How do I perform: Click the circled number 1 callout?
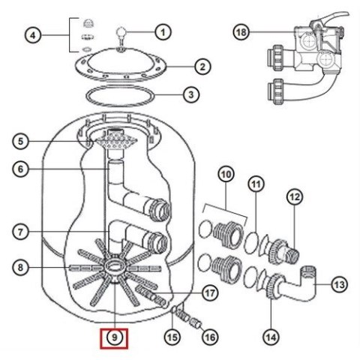coord(163,32)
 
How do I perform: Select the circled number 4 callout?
coord(33,35)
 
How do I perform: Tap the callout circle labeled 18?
coord(241,32)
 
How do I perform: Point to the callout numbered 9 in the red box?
coord(115,337)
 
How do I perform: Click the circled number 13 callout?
coord(339,284)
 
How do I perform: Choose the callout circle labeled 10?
coord(226,174)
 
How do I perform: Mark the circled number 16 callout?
coord(210,337)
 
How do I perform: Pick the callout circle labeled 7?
coord(20,232)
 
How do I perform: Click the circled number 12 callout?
coord(295,196)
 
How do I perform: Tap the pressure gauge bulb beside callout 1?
coord(121,32)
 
